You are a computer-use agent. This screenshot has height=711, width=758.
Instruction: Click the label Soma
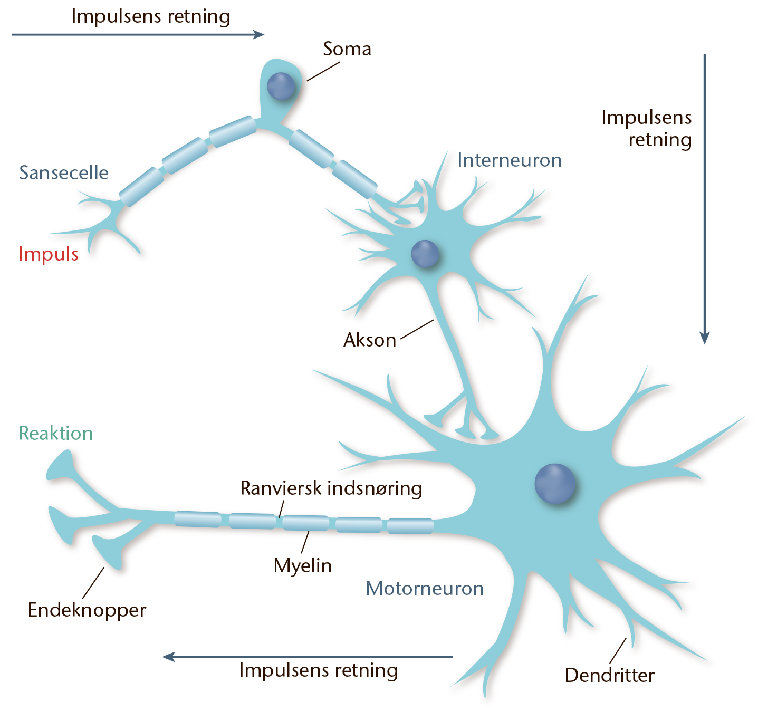[x=347, y=49]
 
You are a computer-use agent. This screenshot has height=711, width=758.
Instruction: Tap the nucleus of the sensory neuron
[x=281, y=87]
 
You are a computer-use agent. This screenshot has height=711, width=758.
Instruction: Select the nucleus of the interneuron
[x=425, y=253]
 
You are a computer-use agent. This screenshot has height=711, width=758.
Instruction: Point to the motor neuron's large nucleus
[x=554, y=484]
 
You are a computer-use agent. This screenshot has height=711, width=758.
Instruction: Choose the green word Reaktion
[x=56, y=433]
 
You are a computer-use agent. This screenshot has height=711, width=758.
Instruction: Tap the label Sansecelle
[x=64, y=172]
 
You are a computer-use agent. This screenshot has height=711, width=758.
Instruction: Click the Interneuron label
[x=510, y=160]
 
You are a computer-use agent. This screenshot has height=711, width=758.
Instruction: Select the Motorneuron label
[x=425, y=588]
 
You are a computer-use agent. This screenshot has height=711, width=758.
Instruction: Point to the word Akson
[x=370, y=340]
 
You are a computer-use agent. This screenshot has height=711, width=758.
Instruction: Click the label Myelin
[x=303, y=566]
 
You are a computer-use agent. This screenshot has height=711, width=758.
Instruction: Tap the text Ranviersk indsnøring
[x=331, y=488]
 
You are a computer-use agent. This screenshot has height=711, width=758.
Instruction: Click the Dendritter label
[x=610, y=675]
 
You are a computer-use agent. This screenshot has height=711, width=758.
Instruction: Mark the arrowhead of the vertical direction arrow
[x=705, y=338]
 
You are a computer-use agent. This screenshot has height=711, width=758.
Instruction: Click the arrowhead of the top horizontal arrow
[x=258, y=35]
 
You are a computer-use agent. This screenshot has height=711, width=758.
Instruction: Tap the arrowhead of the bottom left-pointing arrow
[x=168, y=657]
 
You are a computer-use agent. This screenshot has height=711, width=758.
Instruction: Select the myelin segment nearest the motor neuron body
[x=410, y=526]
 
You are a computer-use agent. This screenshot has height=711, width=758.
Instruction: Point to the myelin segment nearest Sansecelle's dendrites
[x=141, y=187]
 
